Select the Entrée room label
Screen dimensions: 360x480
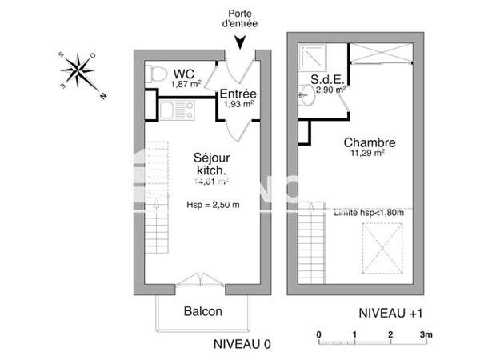tap(238, 94)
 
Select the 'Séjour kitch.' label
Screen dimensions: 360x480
tap(210, 164)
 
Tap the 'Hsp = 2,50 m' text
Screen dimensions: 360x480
tap(213, 205)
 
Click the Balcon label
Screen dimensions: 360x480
tap(202, 311)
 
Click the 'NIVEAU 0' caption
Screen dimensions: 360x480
tap(242, 344)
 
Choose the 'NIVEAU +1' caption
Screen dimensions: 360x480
tap(390, 314)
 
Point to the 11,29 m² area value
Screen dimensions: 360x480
tap(367, 154)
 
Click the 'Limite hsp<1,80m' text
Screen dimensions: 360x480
tap(369, 212)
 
